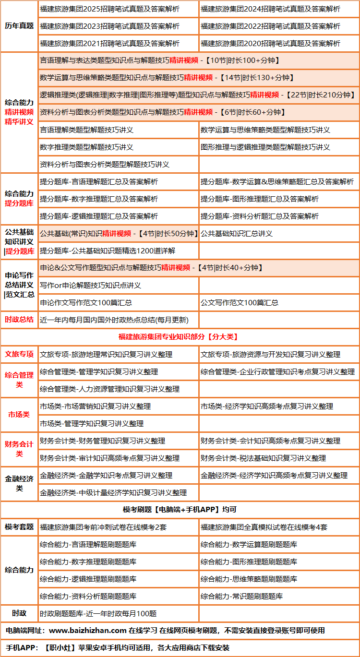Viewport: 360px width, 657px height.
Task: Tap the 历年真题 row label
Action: (19, 26)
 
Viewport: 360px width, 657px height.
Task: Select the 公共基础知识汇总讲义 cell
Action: (237, 234)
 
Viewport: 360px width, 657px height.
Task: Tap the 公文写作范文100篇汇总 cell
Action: (240, 303)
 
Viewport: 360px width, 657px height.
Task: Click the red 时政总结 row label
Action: (19, 320)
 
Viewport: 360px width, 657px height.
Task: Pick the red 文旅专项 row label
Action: (19, 354)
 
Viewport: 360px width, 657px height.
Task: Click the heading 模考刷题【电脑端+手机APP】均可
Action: (180, 510)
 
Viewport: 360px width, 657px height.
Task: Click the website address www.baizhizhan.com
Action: (88, 631)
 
